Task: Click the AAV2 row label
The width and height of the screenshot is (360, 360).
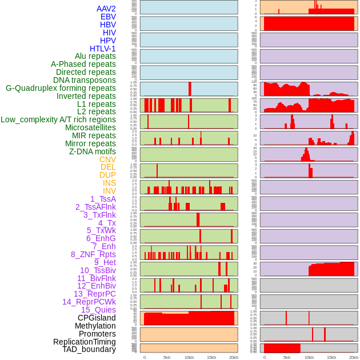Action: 106,9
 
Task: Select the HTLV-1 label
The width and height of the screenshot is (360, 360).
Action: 102,49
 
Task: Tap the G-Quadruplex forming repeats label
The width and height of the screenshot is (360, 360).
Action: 61,89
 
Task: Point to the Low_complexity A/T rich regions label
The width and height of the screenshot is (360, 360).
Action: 58,119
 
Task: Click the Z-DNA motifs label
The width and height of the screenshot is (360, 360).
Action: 93,151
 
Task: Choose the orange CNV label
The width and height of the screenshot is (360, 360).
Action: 107,159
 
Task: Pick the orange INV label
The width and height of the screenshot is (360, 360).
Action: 109,191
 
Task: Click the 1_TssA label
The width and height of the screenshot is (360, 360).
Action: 103,199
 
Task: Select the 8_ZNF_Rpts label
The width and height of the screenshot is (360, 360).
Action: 93,254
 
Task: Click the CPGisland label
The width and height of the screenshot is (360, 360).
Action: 97,318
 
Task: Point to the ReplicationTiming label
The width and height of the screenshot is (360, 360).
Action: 85,342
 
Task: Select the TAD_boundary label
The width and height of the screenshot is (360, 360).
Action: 89,349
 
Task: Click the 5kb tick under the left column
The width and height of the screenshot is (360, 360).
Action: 167,357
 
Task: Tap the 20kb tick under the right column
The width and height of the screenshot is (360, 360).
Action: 354,357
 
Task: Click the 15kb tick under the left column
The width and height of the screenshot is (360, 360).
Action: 211,357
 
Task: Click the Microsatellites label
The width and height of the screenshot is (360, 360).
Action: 90,127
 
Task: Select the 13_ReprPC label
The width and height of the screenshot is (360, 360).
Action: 94,294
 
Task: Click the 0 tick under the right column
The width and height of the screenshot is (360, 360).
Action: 264,357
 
